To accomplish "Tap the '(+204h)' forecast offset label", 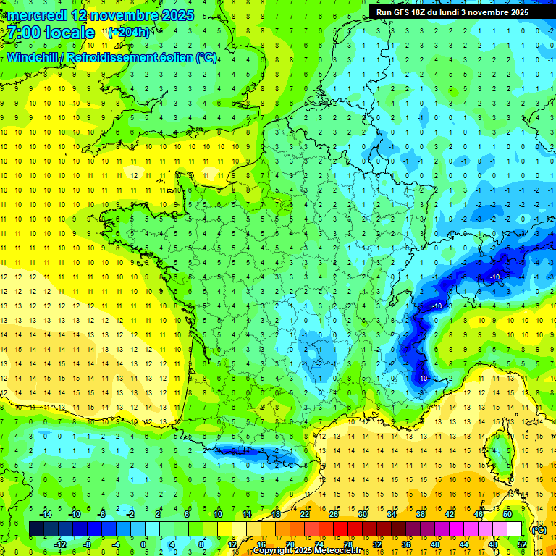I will point(129,32).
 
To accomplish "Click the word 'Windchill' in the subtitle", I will point(33,57).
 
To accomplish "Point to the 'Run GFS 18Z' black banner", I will point(452,12).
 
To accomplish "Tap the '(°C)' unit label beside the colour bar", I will point(539,529).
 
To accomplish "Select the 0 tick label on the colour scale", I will point(143,544).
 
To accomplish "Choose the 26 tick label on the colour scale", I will point(333,514).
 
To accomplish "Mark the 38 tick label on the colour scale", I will point(420,514).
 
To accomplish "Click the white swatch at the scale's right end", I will point(515,529).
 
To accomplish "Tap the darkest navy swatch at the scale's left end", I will point(37,529).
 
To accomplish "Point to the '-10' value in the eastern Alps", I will point(496,277).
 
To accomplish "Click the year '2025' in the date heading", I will point(178,15).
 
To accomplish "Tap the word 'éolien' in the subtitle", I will point(174,57).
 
